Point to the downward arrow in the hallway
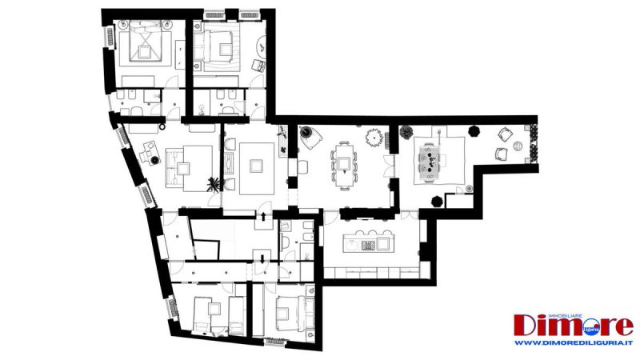258,257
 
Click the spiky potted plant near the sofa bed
213,185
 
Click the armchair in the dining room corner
310,138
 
